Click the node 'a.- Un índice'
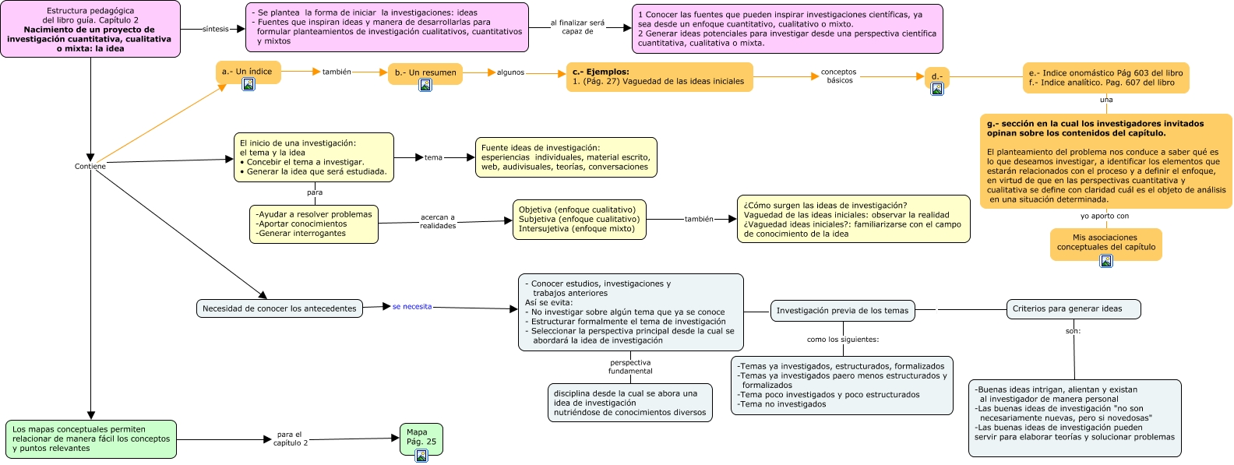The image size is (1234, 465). click(x=247, y=71)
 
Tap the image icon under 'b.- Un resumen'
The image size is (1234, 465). click(x=425, y=85)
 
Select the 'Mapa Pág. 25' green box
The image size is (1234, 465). click(x=421, y=438)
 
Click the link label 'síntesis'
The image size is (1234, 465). click(x=215, y=29)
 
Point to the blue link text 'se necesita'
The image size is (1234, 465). click(x=412, y=306)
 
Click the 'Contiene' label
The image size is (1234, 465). click(x=90, y=166)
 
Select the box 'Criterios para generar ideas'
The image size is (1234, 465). click(x=1073, y=308)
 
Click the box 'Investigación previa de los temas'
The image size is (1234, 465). click(x=842, y=310)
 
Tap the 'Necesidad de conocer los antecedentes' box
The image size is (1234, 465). click(x=280, y=308)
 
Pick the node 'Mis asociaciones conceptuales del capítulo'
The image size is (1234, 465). click(x=1105, y=242)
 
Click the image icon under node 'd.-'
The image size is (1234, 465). click(x=937, y=89)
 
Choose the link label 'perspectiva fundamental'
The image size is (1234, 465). click(x=630, y=367)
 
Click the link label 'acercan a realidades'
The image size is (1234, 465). click(x=437, y=221)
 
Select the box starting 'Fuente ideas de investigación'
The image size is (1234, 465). click(x=566, y=157)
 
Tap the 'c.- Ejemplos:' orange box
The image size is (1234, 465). click(x=659, y=76)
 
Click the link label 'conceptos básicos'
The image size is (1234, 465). click(x=839, y=76)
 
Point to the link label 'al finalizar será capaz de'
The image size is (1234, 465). click(x=577, y=27)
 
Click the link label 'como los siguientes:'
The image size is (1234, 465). click(x=842, y=339)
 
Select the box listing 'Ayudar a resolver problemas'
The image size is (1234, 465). click(x=314, y=224)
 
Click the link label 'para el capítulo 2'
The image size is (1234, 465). click(x=290, y=439)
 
